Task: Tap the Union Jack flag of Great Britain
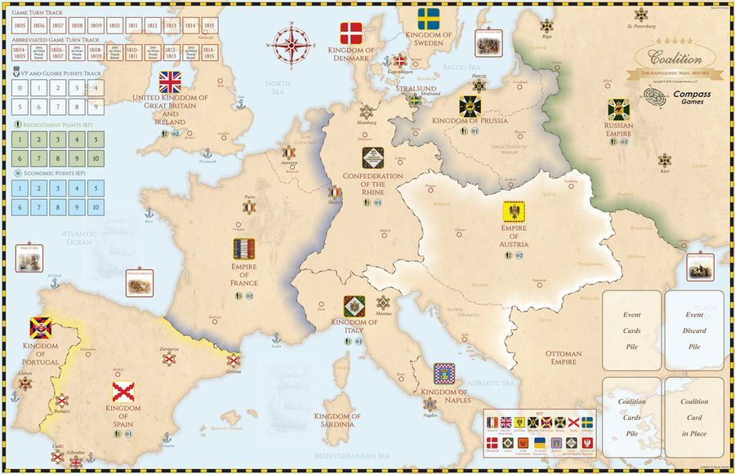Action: point(170,82)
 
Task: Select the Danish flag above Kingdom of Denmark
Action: point(350,33)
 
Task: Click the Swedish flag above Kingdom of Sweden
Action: point(429,19)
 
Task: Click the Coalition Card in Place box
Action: point(694,416)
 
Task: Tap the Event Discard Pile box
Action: point(694,330)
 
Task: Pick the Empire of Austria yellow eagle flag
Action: point(514,213)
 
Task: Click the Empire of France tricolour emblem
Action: point(244,249)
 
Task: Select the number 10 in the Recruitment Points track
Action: point(96,158)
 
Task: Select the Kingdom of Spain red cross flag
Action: point(123,392)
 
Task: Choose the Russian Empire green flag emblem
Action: point(618,109)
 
